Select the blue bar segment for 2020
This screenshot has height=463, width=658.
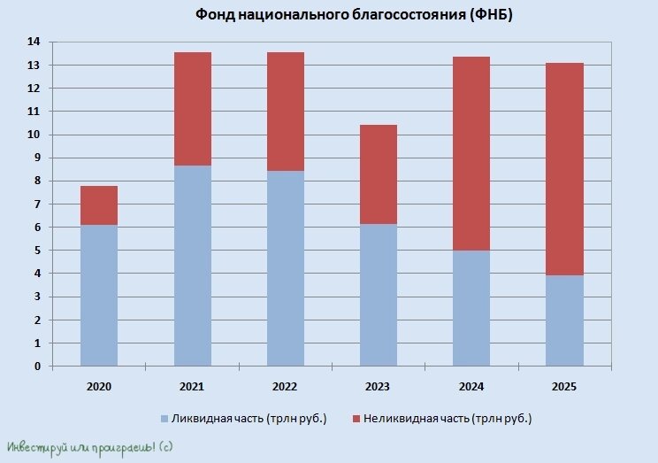(99, 295)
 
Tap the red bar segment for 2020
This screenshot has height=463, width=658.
(99, 205)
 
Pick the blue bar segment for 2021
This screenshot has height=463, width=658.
(192, 266)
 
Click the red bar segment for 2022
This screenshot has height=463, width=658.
(285, 112)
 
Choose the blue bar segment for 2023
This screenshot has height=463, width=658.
(378, 295)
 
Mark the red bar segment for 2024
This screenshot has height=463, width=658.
(471, 153)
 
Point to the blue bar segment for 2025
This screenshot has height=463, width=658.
(564, 320)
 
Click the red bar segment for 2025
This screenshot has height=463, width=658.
(564, 169)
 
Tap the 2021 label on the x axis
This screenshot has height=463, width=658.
(192, 387)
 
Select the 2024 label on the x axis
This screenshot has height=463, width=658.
(471, 387)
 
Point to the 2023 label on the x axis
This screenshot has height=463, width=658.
(378, 387)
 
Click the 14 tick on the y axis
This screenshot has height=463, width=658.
(34, 42)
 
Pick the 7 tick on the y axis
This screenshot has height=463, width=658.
(37, 204)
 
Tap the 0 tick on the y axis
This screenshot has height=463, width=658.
(37, 367)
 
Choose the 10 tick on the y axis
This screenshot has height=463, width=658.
(34, 135)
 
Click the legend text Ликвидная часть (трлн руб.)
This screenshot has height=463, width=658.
(250, 418)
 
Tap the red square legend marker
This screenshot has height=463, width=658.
(356, 418)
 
